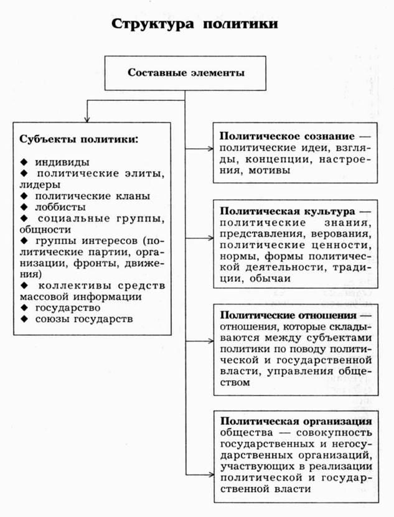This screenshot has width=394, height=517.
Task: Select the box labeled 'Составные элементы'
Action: pos(185,72)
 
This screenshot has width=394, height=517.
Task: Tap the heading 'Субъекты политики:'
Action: pos(78,138)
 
